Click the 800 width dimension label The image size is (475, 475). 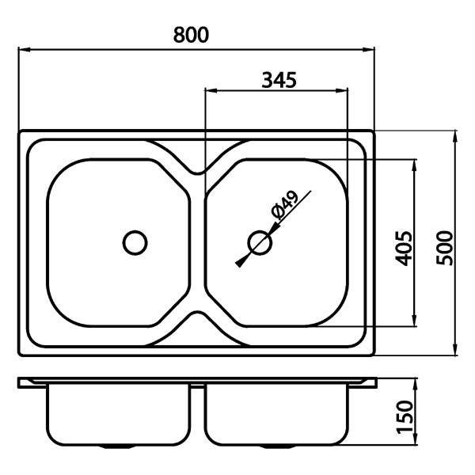coord(191,35)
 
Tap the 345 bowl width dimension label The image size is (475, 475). coord(279,80)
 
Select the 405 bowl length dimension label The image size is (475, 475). coord(404,249)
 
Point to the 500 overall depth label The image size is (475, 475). coord(444,248)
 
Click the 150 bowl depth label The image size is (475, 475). coord(405,417)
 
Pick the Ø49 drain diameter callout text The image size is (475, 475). coord(285,205)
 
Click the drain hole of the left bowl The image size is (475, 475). coord(135,242)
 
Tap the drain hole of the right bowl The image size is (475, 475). coord(260,242)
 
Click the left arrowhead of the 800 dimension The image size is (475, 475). coord(25,50)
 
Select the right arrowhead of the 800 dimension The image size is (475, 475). coord(369,50)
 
